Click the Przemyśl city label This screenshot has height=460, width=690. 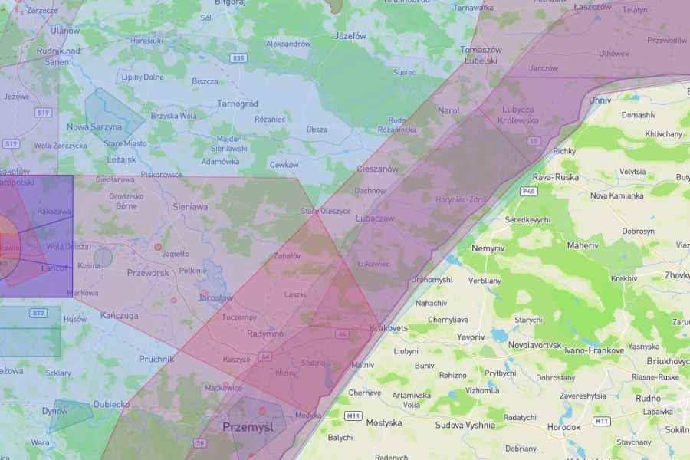tap(248, 427)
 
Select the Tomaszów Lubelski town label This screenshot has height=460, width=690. tap(480, 54)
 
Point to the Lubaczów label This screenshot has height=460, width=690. tap(375, 219)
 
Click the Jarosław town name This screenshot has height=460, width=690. tap(215, 297)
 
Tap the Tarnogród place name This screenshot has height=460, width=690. tap(238, 103)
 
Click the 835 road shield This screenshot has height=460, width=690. tap(239, 58)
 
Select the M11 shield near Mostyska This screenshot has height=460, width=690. tap(353, 416)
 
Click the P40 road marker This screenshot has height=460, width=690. tap(527, 191)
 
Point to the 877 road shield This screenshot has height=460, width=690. tap(38, 313)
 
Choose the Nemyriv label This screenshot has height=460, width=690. tap(488, 248)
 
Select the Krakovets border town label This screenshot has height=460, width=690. tap(388, 328)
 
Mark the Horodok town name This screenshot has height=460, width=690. tap(563, 427)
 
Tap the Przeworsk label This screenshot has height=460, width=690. tap(147, 272)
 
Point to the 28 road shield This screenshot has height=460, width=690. tap(200, 443)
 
